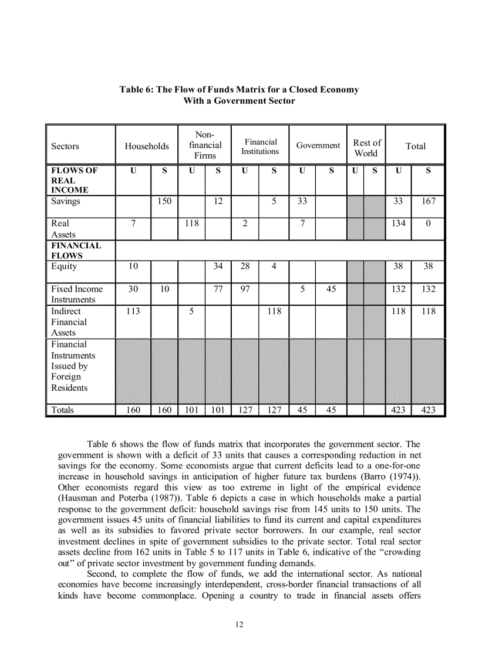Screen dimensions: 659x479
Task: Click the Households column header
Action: (x=146, y=146)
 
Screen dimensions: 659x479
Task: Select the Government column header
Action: (x=318, y=146)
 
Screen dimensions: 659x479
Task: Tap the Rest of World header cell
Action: (x=366, y=148)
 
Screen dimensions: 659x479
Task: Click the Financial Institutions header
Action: (x=260, y=147)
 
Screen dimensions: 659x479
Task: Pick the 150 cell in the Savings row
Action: (x=164, y=201)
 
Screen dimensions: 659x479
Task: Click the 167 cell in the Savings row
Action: (x=428, y=201)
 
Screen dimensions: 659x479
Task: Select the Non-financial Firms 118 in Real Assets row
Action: (x=191, y=224)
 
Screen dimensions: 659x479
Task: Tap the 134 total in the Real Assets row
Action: (x=398, y=224)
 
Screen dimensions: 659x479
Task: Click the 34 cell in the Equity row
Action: (x=218, y=266)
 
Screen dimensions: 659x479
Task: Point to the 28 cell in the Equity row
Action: (x=245, y=266)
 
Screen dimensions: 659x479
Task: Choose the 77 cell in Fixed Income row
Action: (x=218, y=289)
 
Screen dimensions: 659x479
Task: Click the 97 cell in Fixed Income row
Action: (x=245, y=289)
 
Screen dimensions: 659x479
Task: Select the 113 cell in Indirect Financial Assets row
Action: (x=133, y=312)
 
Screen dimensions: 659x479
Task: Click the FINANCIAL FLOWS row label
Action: (x=76, y=251)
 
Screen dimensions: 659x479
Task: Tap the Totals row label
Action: (x=62, y=410)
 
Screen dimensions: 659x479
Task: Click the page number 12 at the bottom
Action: (x=239, y=624)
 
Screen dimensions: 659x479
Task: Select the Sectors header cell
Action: (x=65, y=147)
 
